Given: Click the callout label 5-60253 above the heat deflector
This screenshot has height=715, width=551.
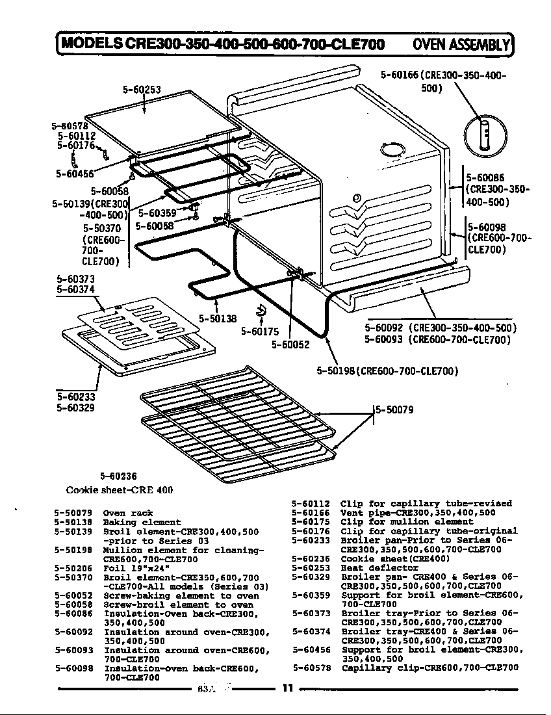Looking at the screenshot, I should point(142,90).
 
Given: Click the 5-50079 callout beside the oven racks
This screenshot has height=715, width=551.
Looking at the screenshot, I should point(394,409).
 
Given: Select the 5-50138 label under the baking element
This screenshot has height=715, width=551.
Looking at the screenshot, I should point(218,318).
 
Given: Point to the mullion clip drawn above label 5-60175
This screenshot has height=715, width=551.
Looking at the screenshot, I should point(262,313).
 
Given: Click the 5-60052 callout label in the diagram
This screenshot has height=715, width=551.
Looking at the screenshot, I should point(290,345).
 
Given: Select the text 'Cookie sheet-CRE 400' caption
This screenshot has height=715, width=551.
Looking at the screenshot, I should point(120,489).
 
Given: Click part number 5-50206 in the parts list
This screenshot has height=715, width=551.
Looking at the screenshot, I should point(73,567).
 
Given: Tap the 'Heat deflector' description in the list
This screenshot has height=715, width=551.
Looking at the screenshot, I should point(380,567).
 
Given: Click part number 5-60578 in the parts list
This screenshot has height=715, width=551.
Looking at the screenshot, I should point(311,668).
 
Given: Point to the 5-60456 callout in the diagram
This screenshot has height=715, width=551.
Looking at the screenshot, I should point(75,174).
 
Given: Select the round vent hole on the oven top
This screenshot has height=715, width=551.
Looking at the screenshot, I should point(391,150).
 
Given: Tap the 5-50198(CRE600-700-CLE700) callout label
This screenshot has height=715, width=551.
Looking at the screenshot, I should point(387,371).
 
